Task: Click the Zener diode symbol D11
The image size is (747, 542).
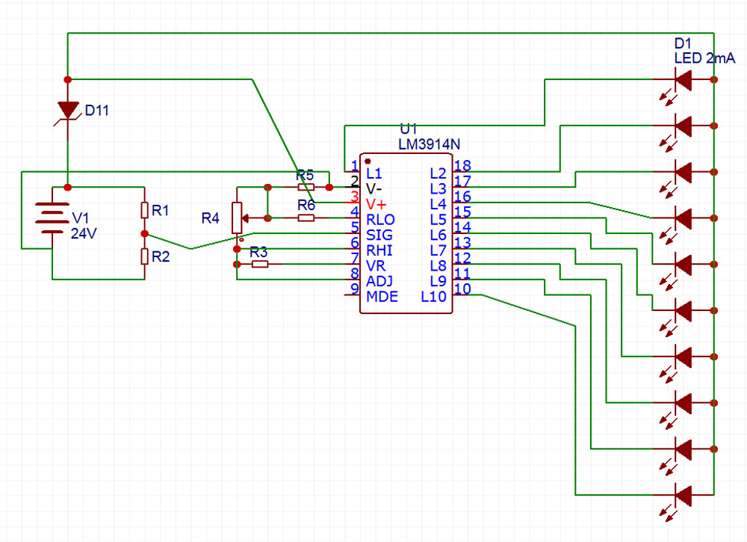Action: coord(68,111)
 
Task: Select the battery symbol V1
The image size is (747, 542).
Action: coord(52,218)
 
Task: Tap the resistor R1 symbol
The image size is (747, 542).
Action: coord(144,210)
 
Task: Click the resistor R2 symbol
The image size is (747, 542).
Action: coord(144,256)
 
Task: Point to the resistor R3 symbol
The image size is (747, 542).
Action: coord(260,264)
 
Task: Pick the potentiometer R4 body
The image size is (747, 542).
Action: coord(237,218)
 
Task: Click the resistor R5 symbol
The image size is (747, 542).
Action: coord(306,188)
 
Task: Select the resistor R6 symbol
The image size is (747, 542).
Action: coord(306,218)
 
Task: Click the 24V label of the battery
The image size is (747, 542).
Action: coord(84,233)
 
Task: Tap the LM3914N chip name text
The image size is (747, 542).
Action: coord(430,144)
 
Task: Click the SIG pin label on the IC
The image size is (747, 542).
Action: coord(379,235)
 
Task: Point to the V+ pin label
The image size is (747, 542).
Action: coord(376,205)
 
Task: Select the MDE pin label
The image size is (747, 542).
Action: coord(382,297)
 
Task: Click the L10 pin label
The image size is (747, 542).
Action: coord(433,297)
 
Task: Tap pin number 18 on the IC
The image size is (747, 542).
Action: coord(462,165)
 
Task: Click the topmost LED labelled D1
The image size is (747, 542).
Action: coord(683,79)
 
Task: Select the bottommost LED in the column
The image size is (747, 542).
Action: coord(683,495)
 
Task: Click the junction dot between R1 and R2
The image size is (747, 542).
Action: coord(144,233)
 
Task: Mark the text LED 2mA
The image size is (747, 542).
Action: coord(704,58)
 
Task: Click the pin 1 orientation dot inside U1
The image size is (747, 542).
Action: coord(368,161)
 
